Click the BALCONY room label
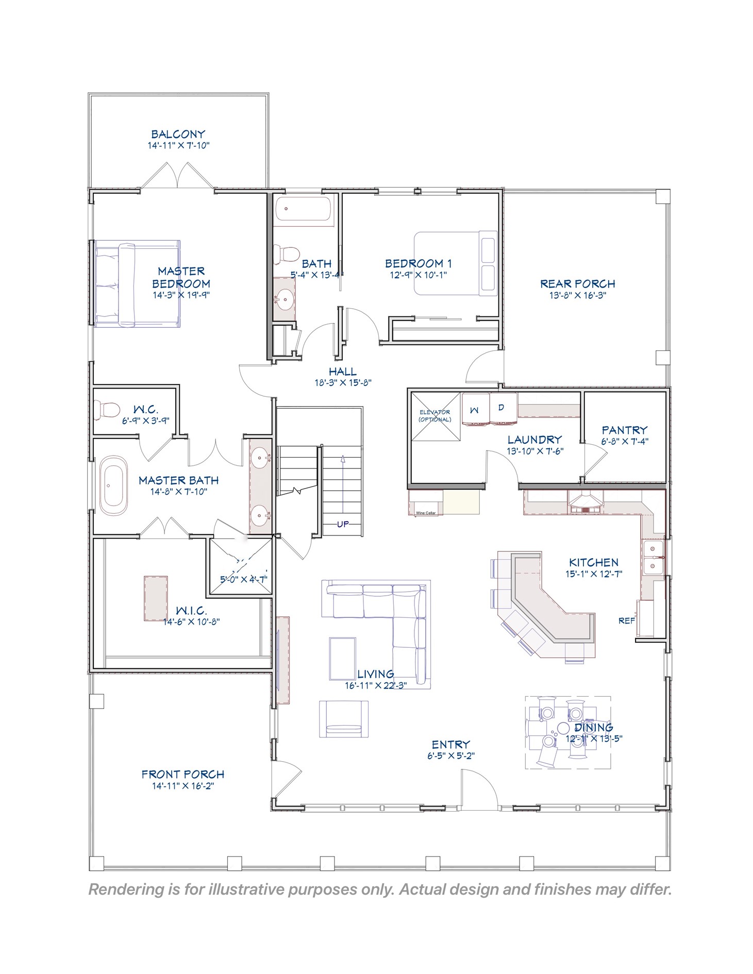coord(178,135)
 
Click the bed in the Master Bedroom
coord(138,283)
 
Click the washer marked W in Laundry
coord(475,410)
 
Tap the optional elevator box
coord(435,416)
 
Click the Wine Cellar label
coord(426,513)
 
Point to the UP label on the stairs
coord(343,524)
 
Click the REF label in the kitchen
coord(626,621)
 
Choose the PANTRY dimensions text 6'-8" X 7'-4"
coord(624,441)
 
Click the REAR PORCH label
coord(577,284)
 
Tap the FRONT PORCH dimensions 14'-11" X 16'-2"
coord(182,786)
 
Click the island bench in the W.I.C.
coord(156,598)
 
